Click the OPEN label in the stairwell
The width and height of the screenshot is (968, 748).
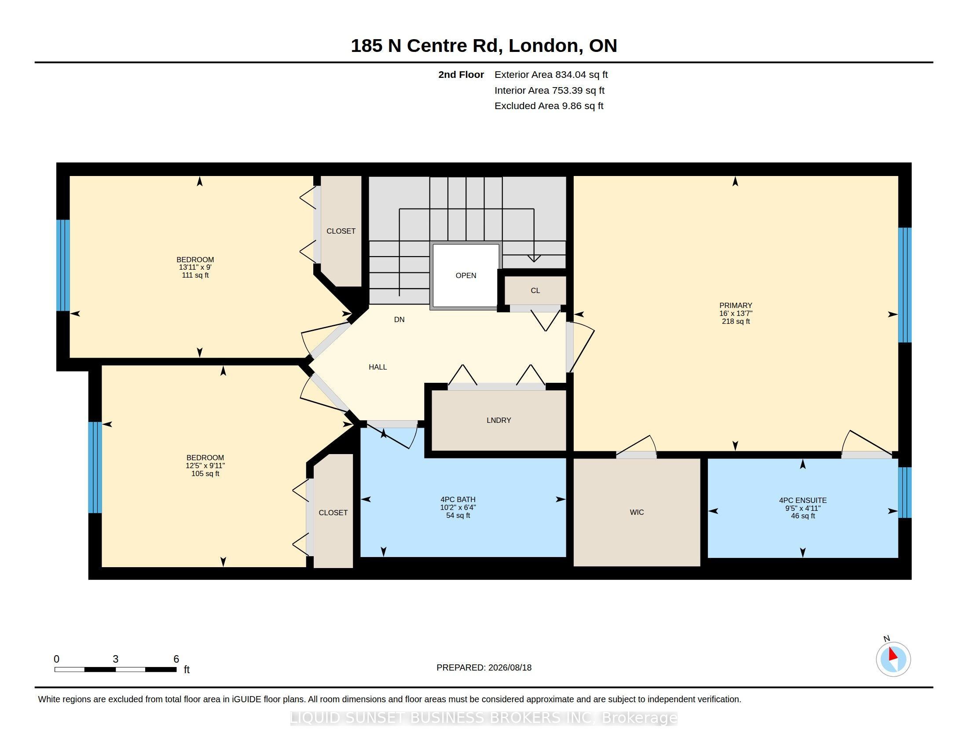click(466, 275)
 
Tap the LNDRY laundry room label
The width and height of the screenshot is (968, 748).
click(499, 420)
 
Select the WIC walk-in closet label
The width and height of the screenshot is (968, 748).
click(637, 512)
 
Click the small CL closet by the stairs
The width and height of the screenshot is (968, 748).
click(535, 291)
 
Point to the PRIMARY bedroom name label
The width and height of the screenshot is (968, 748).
click(736, 305)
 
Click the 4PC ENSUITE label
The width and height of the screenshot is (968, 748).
click(803, 500)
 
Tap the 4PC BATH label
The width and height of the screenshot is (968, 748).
click(458, 499)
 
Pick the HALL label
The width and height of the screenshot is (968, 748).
click(378, 367)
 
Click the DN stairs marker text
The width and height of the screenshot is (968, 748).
click(400, 319)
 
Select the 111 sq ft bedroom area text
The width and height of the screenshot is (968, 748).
click(195, 275)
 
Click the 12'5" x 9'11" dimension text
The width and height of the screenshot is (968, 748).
click(205, 466)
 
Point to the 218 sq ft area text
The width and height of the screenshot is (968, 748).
click(736, 321)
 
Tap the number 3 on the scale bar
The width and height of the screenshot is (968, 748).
click(116, 659)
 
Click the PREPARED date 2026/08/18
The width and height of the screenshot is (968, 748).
click(510, 667)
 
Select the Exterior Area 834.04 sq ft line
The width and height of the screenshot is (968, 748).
click(551, 74)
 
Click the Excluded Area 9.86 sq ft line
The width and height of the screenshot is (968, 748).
click(549, 106)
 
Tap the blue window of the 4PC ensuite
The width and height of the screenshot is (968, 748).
click(905, 492)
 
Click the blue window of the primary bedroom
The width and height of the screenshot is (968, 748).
click(905, 285)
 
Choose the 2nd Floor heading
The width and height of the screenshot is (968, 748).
click(461, 74)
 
